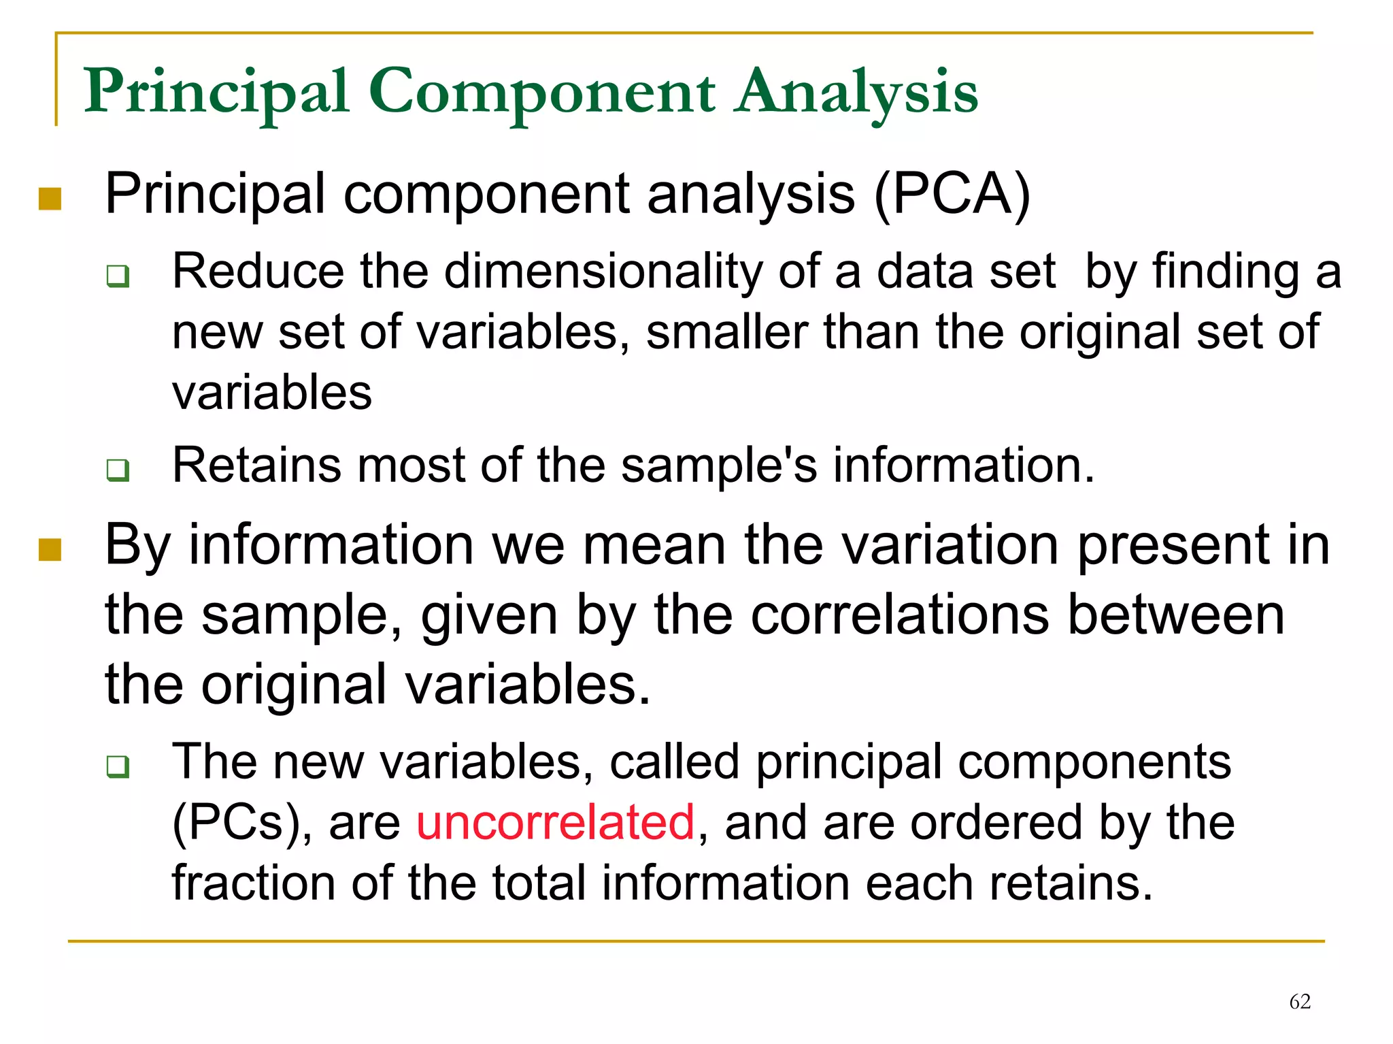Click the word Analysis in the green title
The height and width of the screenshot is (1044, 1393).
858,93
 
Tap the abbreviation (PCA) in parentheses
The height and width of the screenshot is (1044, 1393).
952,195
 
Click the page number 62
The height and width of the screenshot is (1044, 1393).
1300,1002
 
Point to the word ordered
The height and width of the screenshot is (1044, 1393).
996,822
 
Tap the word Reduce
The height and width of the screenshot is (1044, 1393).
258,272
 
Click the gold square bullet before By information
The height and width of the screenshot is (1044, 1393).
50,550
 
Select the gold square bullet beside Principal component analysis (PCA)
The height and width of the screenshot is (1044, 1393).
50,199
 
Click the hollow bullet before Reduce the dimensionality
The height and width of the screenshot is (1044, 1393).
118,277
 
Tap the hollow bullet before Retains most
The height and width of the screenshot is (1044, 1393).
118,470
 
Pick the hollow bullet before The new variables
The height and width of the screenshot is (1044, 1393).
118,767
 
